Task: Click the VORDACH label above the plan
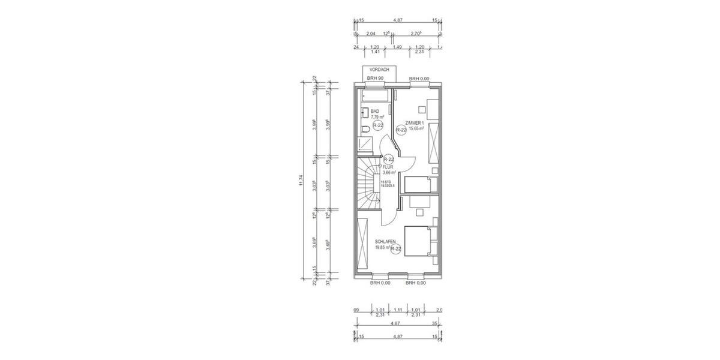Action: tap(379, 70)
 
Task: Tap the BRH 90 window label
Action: tap(376, 79)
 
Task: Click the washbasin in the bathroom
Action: tap(364, 112)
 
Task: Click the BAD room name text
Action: tap(375, 112)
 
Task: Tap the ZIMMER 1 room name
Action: tap(414, 123)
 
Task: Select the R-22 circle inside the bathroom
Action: tap(378, 125)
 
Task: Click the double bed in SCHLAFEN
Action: tap(418, 242)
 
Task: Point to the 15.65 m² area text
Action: tap(416, 128)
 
